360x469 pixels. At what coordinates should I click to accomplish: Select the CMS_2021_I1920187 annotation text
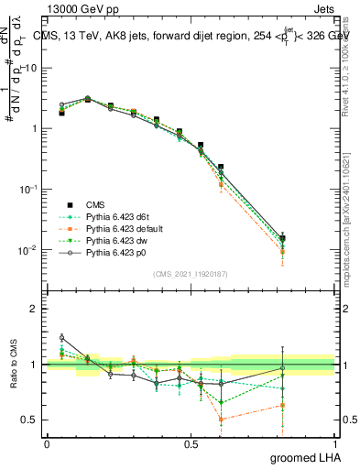click(191, 273)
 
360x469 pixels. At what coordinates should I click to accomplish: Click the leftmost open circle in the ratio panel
click(61, 337)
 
